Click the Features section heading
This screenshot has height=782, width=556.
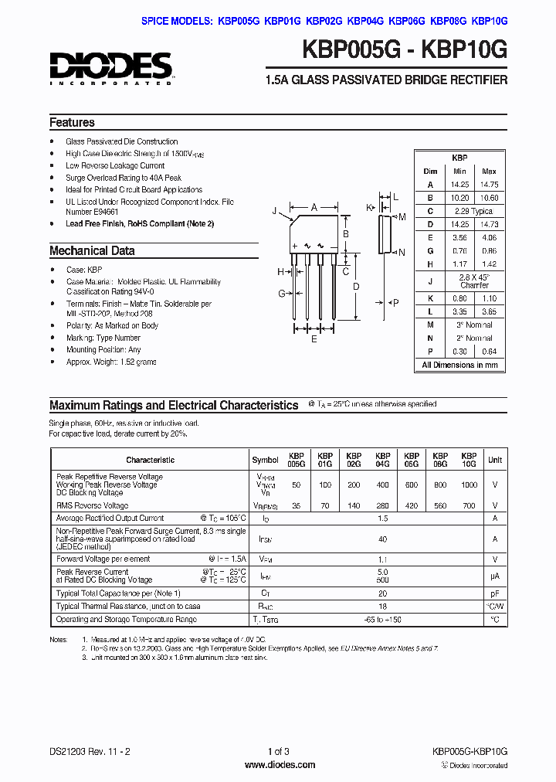pyautogui.click(x=72, y=123)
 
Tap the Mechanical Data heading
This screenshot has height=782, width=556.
pyautogui.click(x=92, y=251)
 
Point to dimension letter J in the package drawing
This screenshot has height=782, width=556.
pyautogui.click(x=274, y=210)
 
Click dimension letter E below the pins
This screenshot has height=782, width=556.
pyautogui.click(x=314, y=338)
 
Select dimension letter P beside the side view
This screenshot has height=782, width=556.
pyautogui.click(x=396, y=303)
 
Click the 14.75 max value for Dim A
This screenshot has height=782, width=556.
pyautogui.click(x=489, y=185)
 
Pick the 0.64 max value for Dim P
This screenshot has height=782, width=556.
pyautogui.click(x=489, y=352)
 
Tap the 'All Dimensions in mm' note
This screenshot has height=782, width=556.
pyautogui.click(x=459, y=365)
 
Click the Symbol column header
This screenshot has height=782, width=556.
pyautogui.click(x=265, y=460)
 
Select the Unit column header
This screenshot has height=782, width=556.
pyautogui.click(x=495, y=460)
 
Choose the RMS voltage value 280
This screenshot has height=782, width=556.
pyautogui.click(x=382, y=505)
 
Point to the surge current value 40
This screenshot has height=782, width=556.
pyautogui.click(x=382, y=539)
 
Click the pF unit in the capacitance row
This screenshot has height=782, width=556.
pyautogui.click(x=495, y=593)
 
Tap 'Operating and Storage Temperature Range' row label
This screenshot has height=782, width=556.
pyautogui.click(x=126, y=620)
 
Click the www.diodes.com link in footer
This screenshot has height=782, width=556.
pyautogui.click(x=279, y=765)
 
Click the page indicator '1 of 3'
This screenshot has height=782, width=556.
pyautogui.click(x=278, y=751)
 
